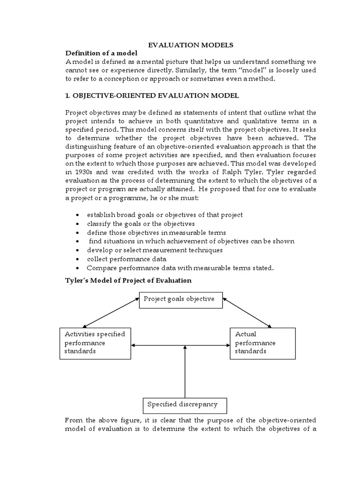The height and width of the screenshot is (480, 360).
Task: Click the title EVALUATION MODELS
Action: pyautogui.click(x=190, y=45)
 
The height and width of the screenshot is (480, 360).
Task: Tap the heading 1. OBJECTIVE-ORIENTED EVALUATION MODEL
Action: pyautogui.click(x=152, y=96)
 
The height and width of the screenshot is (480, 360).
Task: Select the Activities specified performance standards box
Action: pyautogui.click(x=96, y=343)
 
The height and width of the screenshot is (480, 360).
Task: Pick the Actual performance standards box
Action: pyautogui.click(x=262, y=343)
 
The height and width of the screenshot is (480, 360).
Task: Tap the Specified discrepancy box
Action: pyautogui.click(x=180, y=404)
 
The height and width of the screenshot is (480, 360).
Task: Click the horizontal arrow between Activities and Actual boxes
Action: pyautogui.click(x=180, y=346)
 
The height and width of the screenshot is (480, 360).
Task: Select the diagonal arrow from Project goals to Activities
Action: pyautogui.click(x=111, y=314)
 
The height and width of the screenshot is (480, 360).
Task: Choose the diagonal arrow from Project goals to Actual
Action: pyautogui.click(x=247, y=314)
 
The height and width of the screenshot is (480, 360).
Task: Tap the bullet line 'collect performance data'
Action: pyautogui.click(x=127, y=259)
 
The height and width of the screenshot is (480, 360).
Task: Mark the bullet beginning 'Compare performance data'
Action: pyautogui.click(x=180, y=268)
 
